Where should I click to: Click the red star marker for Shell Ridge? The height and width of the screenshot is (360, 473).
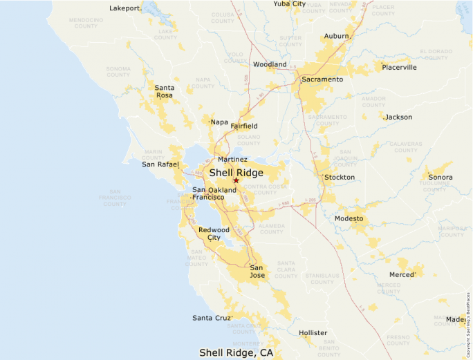(236, 180)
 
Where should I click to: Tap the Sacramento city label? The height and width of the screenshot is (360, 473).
(322, 79)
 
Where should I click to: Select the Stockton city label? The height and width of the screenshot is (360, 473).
(340, 178)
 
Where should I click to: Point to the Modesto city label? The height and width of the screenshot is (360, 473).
(349, 219)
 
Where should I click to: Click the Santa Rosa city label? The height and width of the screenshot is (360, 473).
(164, 91)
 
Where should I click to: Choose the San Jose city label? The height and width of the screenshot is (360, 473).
(257, 271)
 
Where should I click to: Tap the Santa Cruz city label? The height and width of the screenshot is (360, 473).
(212, 318)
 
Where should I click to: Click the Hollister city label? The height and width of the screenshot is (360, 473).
(313, 333)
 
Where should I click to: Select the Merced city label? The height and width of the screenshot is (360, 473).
(401, 275)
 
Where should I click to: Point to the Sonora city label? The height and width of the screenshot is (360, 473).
(440, 178)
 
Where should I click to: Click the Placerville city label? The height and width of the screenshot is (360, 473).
(399, 68)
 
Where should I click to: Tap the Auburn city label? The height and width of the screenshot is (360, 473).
(336, 36)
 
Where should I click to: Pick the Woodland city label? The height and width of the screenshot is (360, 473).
(270, 64)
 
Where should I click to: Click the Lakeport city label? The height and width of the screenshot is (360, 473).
(124, 9)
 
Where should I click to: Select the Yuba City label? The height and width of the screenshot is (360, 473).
(289, 4)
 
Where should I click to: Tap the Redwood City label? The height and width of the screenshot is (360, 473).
(214, 234)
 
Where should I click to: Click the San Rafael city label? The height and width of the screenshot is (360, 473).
(160, 164)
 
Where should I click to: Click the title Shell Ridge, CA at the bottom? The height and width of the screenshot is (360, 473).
(236, 352)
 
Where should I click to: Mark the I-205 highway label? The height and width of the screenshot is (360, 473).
(309, 200)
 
